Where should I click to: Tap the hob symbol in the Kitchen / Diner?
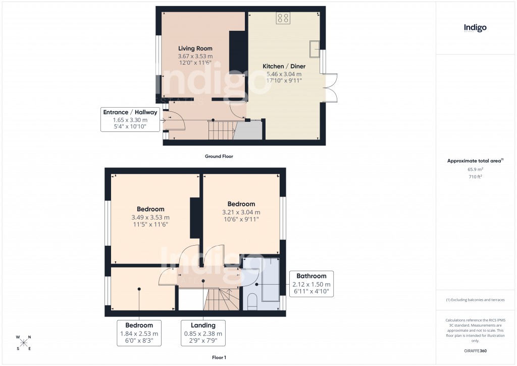pyautogui.click(x=283, y=18)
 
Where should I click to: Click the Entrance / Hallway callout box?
pyautogui.click(x=130, y=119)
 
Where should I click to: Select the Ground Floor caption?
pyautogui.click(x=219, y=157)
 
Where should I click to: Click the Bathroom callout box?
pyautogui.click(x=311, y=284)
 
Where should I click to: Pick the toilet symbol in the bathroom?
pyautogui.click(x=252, y=302)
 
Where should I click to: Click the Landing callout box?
pyautogui.click(x=203, y=333)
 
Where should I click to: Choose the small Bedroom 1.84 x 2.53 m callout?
pyautogui.click(x=139, y=333)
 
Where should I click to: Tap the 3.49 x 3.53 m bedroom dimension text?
pyautogui.click(x=150, y=217)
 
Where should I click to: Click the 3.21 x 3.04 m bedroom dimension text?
pyautogui.click(x=241, y=212)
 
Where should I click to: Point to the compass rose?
pyautogui.click(x=24, y=342)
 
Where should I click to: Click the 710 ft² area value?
pyautogui.click(x=475, y=177)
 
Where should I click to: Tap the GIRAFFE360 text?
pyautogui.click(x=475, y=351)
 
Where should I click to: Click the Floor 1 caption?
pyautogui.click(x=219, y=357)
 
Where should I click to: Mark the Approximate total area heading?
pyautogui.click(x=475, y=161)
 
